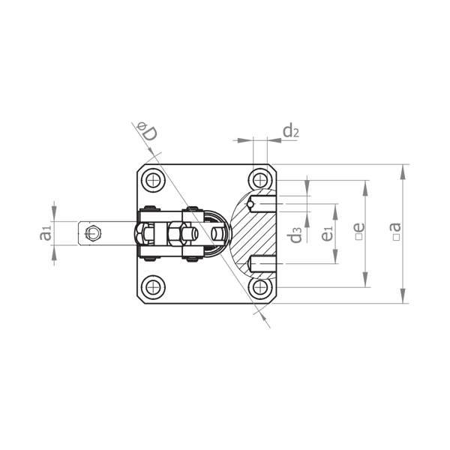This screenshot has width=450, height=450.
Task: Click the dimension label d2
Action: [x=291, y=130]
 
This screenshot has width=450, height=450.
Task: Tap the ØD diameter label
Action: [x=148, y=131]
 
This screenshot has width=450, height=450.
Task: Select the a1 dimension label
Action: [x=46, y=232]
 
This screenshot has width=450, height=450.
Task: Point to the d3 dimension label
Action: [x=295, y=235]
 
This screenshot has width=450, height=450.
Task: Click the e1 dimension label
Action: [x=327, y=233]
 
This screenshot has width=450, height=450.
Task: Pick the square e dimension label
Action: [x=359, y=231]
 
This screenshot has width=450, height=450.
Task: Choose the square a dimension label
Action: [x=396, y=231]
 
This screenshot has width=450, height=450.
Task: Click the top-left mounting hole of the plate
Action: [x=154, y=181]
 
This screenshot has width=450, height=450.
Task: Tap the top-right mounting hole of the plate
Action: [x=260, y=181]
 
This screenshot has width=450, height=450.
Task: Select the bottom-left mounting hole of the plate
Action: [x=154, y=286]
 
